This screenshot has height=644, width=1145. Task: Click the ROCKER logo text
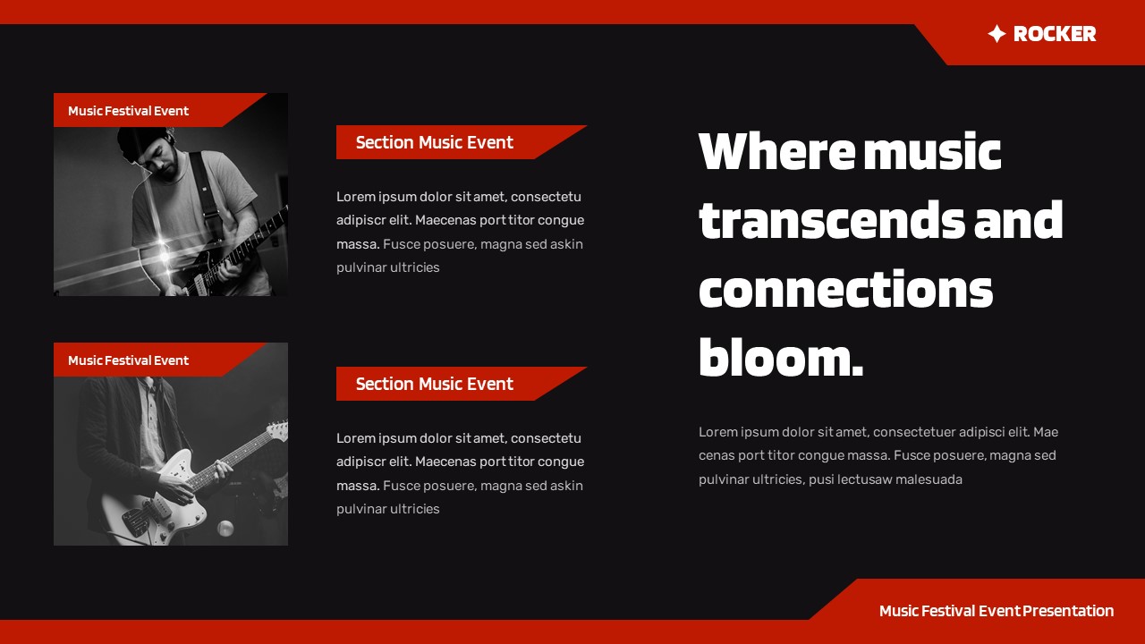[1054, 34]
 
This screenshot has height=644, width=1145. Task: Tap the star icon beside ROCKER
[997, 34]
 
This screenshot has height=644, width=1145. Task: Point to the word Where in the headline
[776, 151]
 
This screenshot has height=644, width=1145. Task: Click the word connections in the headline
[845, 289]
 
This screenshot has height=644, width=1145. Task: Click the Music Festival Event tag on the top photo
[129, 111]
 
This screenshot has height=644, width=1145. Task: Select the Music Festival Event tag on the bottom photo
[129, 360]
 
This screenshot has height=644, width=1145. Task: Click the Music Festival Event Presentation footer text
[996, 611]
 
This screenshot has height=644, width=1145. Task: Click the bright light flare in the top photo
[164, 254]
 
